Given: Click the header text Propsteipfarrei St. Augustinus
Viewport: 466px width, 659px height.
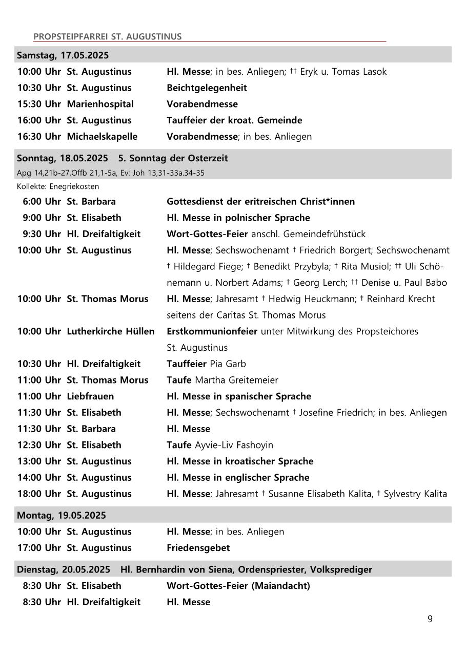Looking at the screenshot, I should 107,36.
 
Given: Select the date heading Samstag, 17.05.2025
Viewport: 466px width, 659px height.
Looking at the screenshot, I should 63,55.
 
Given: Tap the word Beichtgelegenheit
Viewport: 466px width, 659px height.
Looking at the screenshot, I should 207,88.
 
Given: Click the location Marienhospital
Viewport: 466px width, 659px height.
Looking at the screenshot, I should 100,104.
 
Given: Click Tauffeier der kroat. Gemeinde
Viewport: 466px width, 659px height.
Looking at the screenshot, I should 234,120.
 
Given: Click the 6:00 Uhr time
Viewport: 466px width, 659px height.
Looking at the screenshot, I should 42,201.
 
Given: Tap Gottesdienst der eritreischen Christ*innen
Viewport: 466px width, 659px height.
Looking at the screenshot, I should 260,201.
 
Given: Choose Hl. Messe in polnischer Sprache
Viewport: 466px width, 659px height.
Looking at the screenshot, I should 238,218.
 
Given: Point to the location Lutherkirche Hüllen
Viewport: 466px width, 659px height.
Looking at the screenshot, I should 110,331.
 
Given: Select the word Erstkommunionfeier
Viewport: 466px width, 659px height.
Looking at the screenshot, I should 212,331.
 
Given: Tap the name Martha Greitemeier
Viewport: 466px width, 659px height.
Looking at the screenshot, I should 235,380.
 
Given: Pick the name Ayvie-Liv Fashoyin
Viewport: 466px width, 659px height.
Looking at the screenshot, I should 234,445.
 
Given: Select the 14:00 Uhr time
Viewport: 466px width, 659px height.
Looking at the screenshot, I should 39,477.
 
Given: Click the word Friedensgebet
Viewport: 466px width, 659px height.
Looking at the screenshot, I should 198,548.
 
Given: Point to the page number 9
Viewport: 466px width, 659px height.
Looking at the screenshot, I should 430,619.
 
